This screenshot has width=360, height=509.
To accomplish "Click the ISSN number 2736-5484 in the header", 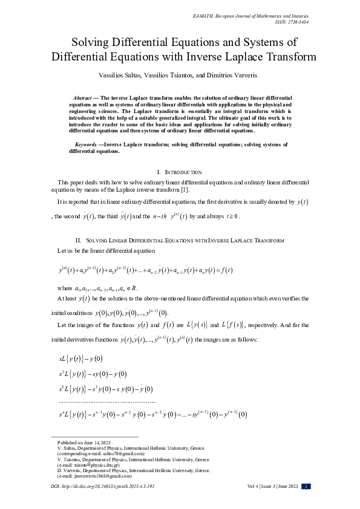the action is tap(339, 21).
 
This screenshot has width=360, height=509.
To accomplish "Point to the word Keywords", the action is tap(88, 145).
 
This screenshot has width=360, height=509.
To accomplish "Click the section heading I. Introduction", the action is tap(179, 173).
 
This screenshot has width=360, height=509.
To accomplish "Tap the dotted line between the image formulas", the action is tap(106, 401).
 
